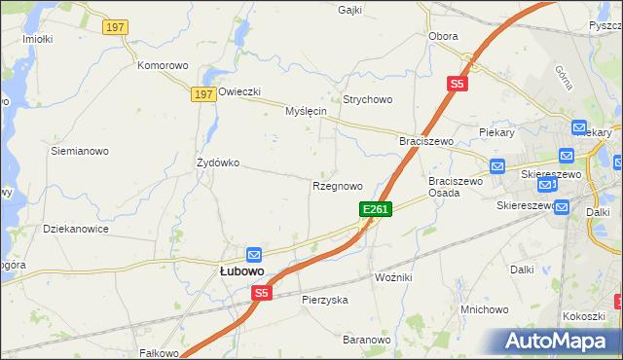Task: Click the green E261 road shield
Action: point(376,209)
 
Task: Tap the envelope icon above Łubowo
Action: point(254,254)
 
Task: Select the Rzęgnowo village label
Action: point(337,186)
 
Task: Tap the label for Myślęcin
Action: point(305,112)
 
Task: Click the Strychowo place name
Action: point(367,100)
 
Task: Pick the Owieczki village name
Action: point(239,92)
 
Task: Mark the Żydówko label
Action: point(218,162)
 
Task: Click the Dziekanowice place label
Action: point(76,229)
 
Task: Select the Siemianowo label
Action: point(80,152)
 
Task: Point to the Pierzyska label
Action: point(325,301)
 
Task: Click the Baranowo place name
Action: point(366,340)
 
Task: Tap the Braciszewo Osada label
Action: point(457,187)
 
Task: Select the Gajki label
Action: point(349,11)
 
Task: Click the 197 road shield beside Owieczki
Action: point(202,93)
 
